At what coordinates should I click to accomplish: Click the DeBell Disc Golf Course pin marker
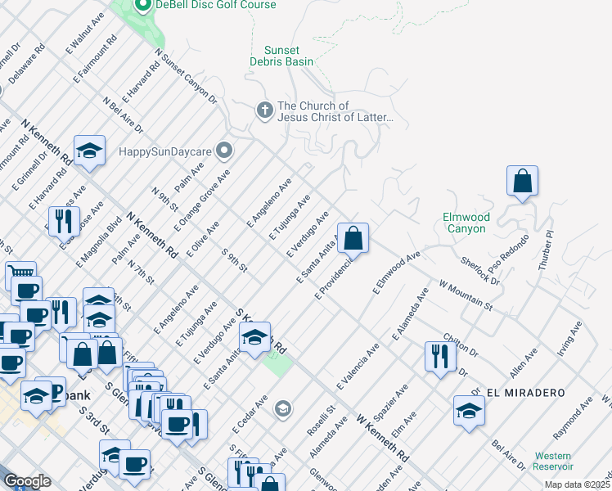(x=142, y=6)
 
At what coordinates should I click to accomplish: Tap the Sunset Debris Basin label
(x=282, y=55)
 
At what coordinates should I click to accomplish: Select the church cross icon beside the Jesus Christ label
(x=264, y=110)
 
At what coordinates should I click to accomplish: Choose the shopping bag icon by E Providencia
(x=353, y=239)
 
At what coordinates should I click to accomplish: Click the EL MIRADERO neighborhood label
(x=525, y=393)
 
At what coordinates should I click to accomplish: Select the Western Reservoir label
(x=553, y=461)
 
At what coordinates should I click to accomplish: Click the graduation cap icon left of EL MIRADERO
(x=469, y=410)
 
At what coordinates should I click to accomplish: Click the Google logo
(x=27, y=480)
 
